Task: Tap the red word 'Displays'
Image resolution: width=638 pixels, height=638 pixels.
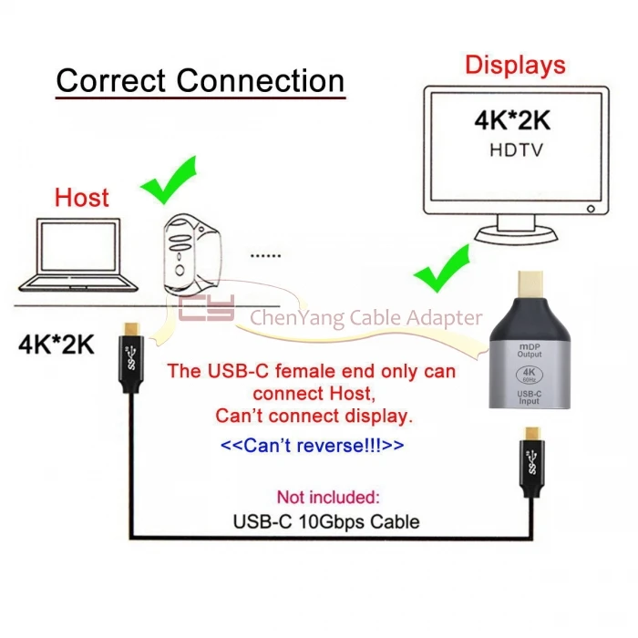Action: pyautogui.click(x=515, y=66)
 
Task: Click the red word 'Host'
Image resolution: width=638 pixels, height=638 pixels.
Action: pyautogui.click(x=82, y=197)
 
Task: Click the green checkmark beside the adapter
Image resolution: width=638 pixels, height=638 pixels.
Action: pyautogui.click(x=444, y=267)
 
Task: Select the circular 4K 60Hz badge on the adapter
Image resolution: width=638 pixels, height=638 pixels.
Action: pyautogui.click(x=530, y=376)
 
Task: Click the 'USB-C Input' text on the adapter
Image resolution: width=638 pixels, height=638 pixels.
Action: pyautogui.click(x=530, y=398)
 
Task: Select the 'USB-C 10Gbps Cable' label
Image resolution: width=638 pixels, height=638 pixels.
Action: pyautogui.click(x=326, y=522)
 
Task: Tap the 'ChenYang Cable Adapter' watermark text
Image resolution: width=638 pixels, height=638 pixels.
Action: pyautogui.click(x=365, y=317)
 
